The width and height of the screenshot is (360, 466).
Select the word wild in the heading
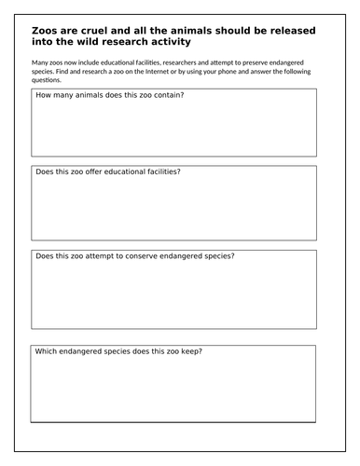pos(87,41)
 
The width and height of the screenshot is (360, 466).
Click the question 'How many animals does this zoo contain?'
pos(109,95)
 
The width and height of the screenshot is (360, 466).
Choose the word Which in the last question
pos(47,351)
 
